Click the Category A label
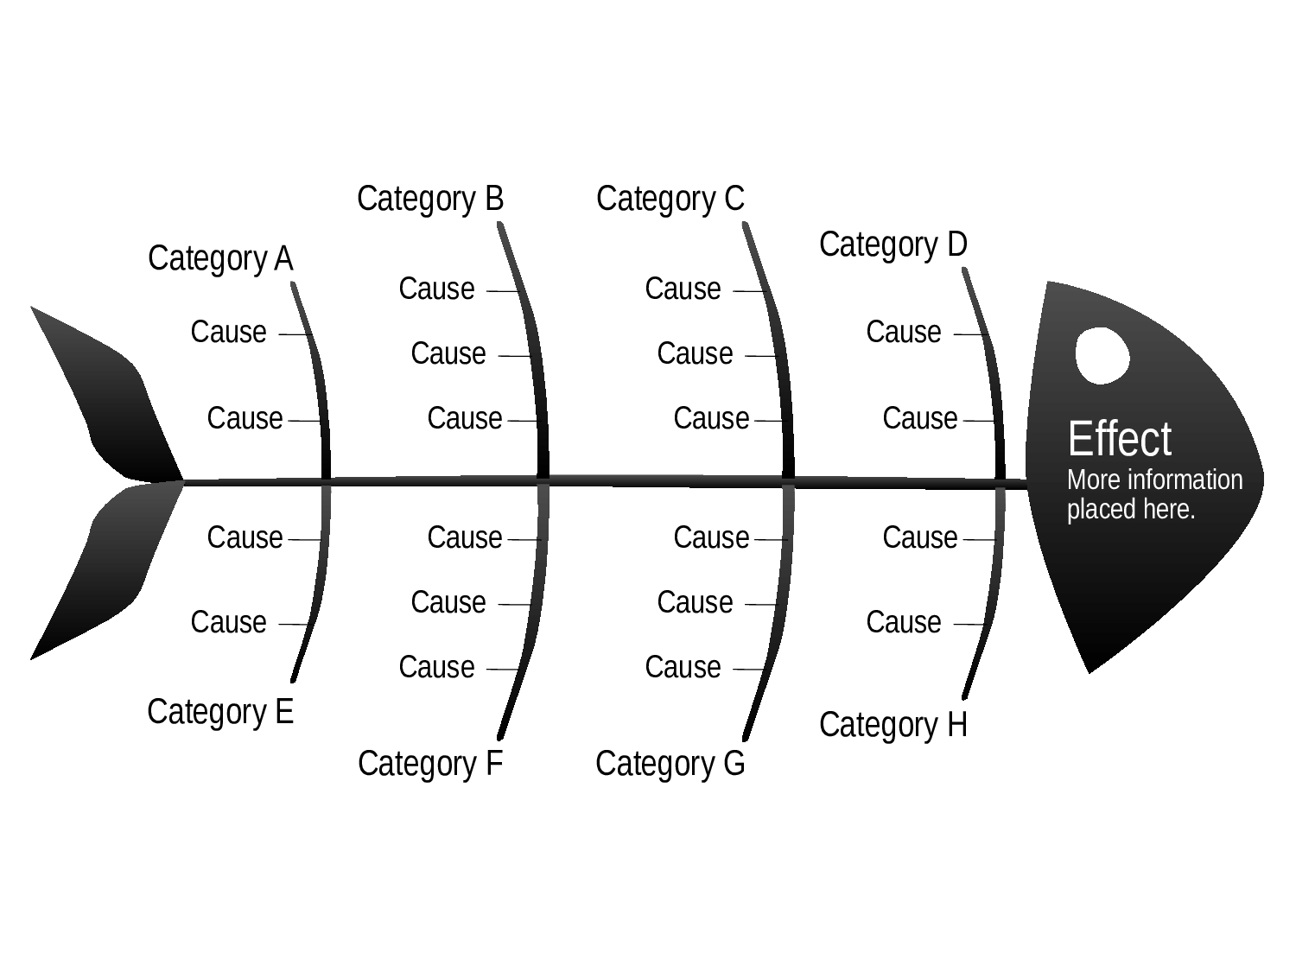click(220, 259)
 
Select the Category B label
click(429, 199)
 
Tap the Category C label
click(670, 199)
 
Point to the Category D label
click(893, 245)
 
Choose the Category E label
click(220, 712)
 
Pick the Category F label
click(429, 764)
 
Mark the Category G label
click(670, 764)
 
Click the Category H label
click(893, 725)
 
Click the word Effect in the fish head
click(1120, 439)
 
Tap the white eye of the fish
click(1102, 356)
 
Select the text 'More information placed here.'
click(1154, 494)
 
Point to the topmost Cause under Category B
click(436, 289)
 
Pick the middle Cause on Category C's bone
click(695, 354)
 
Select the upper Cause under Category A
click(228, 333)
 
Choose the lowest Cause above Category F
click(436, 668)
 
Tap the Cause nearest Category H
click(904, 623)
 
